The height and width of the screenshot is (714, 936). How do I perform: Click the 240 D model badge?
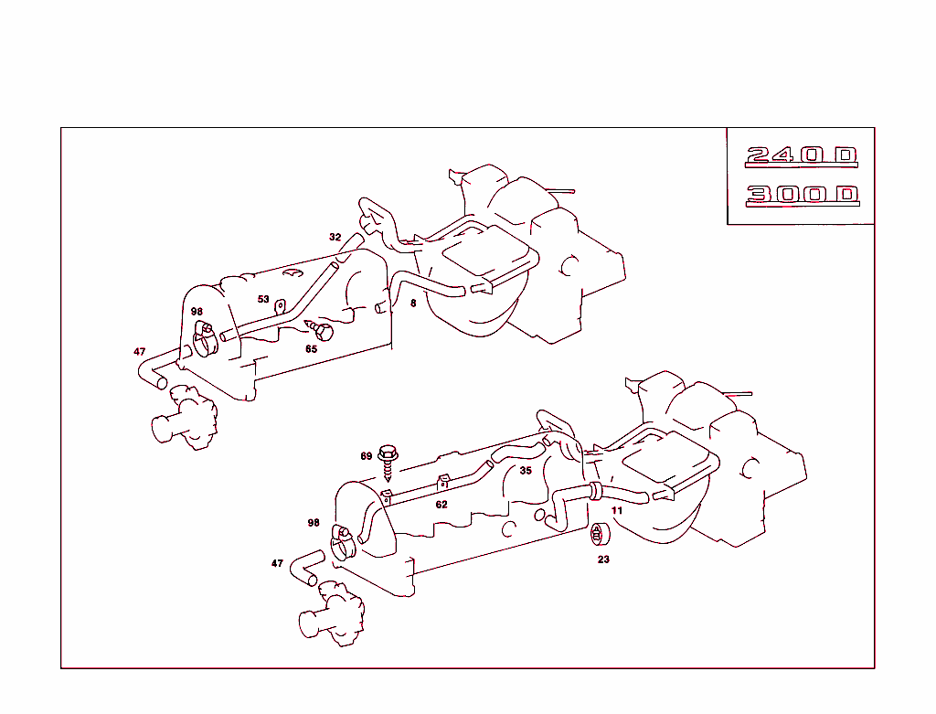[x=801, y=155]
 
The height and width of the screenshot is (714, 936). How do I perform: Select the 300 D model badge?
[x=801, y=195]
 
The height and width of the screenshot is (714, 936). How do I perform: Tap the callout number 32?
[x=335, y=237]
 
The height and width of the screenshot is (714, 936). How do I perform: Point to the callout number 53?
[x=263, y=299]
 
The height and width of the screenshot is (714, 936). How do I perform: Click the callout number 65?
[x=312, y=348]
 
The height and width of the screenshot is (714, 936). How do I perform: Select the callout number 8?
[x=413, y=303]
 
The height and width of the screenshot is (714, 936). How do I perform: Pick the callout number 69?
[x=366, y=455]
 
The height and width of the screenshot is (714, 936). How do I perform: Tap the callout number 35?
[x=526, y=471]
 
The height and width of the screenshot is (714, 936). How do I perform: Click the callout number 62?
[x=441, y=504]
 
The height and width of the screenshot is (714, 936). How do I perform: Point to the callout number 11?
[x=617, y=510]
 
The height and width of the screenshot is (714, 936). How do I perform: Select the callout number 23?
[x=603, y=559]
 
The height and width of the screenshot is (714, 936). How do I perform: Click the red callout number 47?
[x=139, y=351]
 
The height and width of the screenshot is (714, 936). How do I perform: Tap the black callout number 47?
[x=277, y=563]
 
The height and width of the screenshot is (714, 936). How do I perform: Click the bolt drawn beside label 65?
[x=320, y=327]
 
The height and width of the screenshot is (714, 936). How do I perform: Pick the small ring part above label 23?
[x=601, y=534]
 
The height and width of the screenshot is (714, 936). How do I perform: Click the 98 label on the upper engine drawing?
[x=197, y=312]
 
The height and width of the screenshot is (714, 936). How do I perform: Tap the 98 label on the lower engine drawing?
[x=314, y=523]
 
